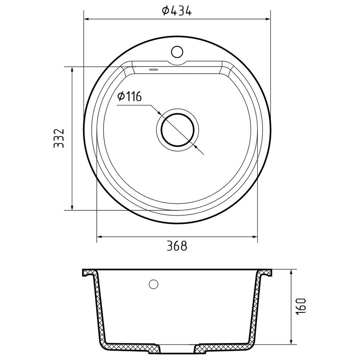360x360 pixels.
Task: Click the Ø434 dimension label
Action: [176, 11]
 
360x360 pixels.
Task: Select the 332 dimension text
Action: [59, 138]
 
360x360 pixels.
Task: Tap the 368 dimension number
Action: [177, 246]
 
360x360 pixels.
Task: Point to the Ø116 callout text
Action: [129, 96]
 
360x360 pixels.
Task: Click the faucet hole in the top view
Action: [177, 51]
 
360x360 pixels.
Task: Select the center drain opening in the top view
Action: [177, 130]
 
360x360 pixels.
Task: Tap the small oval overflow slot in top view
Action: [153, 69]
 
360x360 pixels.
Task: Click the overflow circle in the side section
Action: [153, 284]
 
